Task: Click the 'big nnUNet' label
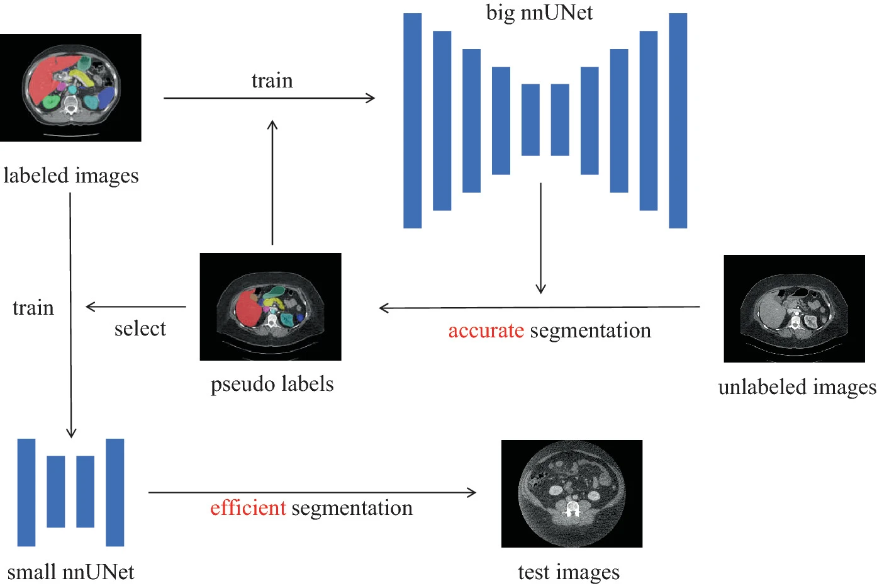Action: [x=539, y=13]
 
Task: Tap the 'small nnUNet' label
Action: [x=70, y=572]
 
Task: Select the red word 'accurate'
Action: [x=486, y=330]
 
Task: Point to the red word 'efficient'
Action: [x=248, y=508]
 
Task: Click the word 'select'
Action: [x=140, y=329]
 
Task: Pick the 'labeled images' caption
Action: [x=70, y=175]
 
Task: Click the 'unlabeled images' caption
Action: [x=796, y=386]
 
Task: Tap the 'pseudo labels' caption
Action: [x=272, y=384]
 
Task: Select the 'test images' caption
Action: [x=568, y=572]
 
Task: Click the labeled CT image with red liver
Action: [x=70, y=87]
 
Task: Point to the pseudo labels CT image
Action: [x=271, y=307]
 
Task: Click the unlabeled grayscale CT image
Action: [x=794, y=308]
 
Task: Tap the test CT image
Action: [x=572, y=493]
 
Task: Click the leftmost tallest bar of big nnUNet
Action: [x=413, y=120]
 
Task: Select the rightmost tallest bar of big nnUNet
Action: [x=678, y=120]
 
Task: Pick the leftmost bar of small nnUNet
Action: [x=26, y=492]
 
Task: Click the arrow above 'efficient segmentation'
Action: [x=312, y=492]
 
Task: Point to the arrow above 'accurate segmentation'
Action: [x=539, y=308]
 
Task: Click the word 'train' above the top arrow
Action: [x=272, y=81]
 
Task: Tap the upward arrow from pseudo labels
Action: [x=272, y=183]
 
